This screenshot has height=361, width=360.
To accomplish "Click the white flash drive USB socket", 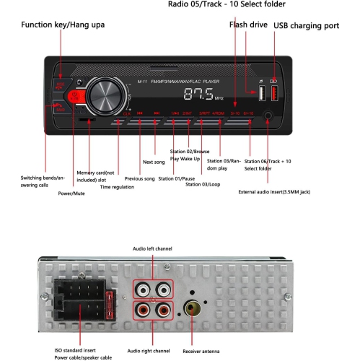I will point(260,93).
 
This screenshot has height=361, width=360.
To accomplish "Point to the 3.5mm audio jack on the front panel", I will point(268,114).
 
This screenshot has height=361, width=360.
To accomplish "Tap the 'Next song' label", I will point(154,162).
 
